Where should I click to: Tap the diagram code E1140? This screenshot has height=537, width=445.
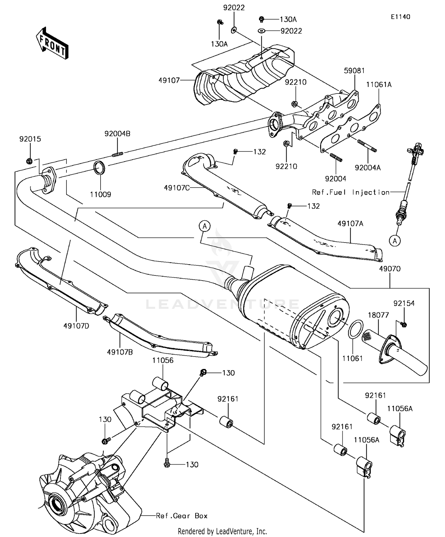coord(400,17)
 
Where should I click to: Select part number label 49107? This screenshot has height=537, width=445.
coord(169,80)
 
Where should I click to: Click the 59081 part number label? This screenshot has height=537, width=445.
coord(354,71)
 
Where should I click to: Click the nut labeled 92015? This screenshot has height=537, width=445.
coord(29,161)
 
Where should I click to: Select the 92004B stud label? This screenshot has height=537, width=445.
coord(117,134)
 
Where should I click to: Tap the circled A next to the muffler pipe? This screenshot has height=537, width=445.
coord(204,226)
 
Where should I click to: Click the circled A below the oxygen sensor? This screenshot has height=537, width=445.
coord(395,241)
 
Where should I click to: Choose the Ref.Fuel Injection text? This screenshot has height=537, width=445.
coord(351,192)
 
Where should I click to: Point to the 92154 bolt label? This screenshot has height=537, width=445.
coord(404,303)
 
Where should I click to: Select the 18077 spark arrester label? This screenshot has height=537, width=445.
coord(378,315)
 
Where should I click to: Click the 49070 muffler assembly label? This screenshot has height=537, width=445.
coord(390,269)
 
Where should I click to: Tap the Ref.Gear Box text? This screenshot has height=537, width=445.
coord(182,516)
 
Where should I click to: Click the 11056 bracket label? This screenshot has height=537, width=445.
coord(163,360)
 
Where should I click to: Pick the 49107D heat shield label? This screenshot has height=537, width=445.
coord(76,326)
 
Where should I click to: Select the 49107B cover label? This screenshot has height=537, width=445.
coord(120,352)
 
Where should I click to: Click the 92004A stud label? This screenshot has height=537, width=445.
coord(368,168)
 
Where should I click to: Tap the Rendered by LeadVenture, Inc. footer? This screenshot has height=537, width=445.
coord(222,531)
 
